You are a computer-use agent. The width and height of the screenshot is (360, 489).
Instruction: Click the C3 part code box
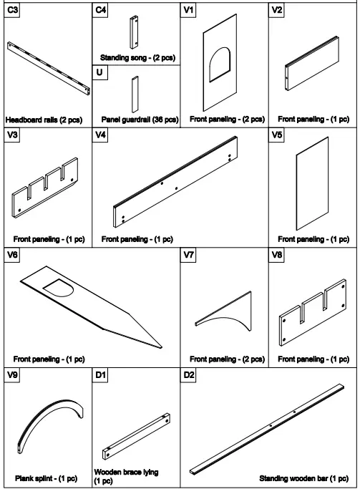pos(13,11)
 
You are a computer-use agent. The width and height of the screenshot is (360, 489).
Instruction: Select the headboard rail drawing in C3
pos(48,69)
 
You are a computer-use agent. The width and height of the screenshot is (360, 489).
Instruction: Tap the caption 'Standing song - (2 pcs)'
pos(136,57)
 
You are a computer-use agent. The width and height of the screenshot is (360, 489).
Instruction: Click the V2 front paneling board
pos(312,74)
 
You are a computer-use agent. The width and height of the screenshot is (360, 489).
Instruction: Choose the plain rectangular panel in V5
pos(313,188)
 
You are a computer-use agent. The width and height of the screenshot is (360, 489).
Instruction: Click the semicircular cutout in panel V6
pos(59,289)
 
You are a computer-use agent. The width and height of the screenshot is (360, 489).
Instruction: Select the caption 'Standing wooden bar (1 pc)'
pos(306,478)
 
